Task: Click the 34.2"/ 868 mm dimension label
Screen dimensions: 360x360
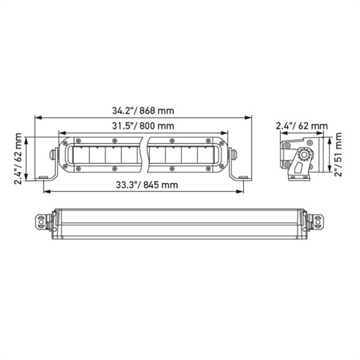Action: pos(142,110)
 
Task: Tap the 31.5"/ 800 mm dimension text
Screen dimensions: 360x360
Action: pos(143,126)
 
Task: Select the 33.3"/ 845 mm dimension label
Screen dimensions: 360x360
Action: pos(143,185)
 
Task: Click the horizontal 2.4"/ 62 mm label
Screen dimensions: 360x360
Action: pos(302,126)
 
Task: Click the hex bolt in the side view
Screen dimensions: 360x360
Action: pos(304,155)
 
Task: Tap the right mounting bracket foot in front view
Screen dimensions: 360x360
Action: pos(243,176)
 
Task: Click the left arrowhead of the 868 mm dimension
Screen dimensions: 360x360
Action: pos(36,118)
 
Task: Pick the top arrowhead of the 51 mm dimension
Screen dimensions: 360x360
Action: pos(329,136)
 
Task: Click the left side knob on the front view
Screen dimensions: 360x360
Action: pos(52,154)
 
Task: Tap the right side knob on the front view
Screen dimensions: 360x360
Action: pos(234,154)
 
